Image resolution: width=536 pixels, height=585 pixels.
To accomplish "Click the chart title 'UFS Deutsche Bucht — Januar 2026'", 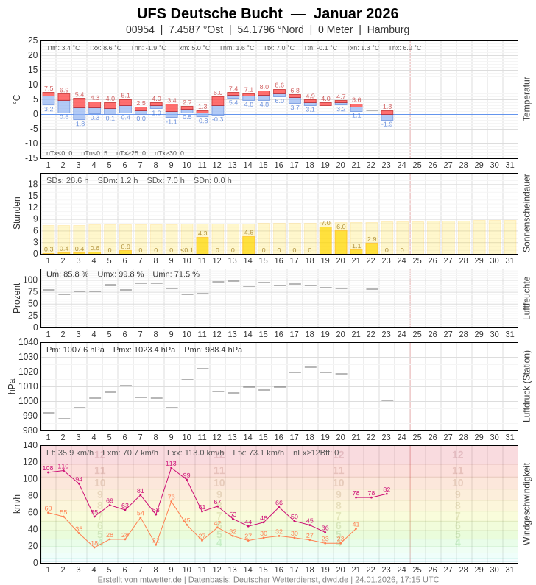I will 267,13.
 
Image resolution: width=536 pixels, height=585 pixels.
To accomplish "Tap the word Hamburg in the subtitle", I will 388,29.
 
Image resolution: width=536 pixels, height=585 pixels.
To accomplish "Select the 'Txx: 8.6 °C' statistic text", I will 105,48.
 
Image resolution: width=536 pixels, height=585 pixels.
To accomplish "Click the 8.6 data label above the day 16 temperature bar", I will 279,85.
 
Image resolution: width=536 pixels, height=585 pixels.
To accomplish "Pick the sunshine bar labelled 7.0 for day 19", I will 325,240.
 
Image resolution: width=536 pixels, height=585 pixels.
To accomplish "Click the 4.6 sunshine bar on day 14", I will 248,244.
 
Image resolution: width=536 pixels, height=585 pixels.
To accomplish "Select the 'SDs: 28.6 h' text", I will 67,180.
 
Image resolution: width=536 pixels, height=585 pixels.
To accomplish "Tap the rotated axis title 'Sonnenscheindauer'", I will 526,213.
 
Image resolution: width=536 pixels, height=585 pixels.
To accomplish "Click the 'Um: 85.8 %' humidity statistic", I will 67,274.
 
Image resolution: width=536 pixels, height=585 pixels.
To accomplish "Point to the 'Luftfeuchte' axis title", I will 526,298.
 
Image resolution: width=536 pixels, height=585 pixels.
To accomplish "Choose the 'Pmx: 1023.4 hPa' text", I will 144,350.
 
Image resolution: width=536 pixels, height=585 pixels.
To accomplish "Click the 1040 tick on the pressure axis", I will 28,342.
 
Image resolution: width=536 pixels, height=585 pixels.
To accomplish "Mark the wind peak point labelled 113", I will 171,468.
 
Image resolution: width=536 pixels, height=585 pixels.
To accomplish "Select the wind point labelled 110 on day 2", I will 63,470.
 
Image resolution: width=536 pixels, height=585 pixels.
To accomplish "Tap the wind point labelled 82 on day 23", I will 387,494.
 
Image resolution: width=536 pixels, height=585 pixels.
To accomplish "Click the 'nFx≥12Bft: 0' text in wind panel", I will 316,453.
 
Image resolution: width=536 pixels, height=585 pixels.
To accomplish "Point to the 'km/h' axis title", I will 16,504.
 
